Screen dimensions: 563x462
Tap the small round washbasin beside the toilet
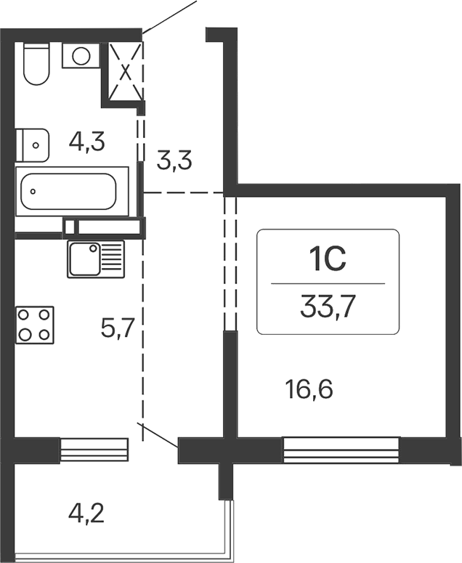[x=81, y=55]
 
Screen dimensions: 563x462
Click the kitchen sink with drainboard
[x=96, y=259]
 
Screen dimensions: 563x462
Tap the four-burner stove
[x=36, y=325]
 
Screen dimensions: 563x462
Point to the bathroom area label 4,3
[x=87, y=141]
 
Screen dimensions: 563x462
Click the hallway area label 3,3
[x=174, y=160]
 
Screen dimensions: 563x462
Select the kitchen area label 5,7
[x=116, y=331]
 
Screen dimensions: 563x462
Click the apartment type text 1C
[x=328, y=259]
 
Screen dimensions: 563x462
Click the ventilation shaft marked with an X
[x=126, y=71]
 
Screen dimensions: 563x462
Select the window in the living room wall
[x=341, y=450]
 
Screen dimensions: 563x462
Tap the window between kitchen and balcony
[x=94, y=450]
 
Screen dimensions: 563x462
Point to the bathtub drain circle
[x=34, y=193]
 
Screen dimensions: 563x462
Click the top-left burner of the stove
[x=25, y=315]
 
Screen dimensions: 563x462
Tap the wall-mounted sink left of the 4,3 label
[x=33, y=145]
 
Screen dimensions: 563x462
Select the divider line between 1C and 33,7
[x=328, y=283]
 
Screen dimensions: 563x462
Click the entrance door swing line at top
[x=170, y=16]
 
